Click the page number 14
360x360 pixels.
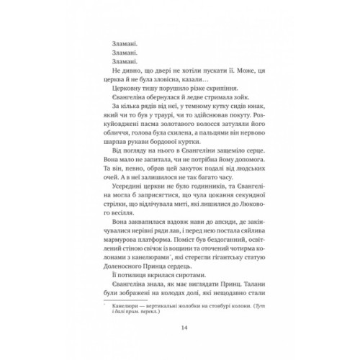click(x=179, y=325)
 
